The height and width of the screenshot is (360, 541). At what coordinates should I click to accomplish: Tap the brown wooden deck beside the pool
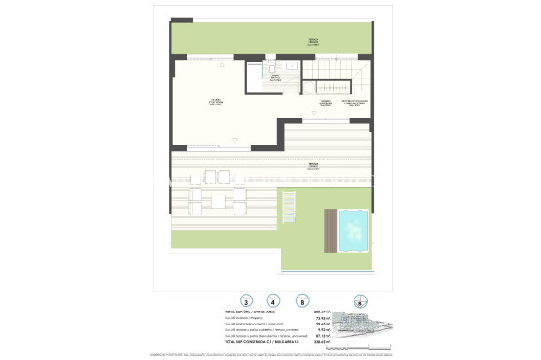tap(331, 229)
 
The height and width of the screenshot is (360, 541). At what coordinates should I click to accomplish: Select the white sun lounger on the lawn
tap(289, 202)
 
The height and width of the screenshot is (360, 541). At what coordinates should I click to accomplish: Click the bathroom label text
tap(275, 78)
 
